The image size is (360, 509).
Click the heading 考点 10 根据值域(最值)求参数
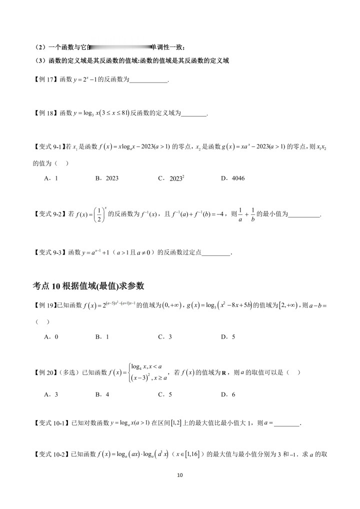click(88, 285)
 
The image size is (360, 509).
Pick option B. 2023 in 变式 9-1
click(106, 178)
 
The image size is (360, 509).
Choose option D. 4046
click(232, 178)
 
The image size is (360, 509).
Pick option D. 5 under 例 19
click(227, 336)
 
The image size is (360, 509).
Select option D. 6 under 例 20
click(227, 394)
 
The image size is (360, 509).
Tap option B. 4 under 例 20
click(102, 394)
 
